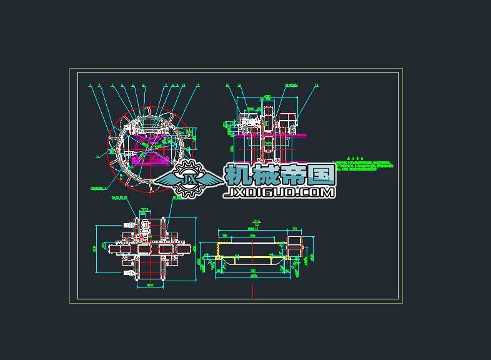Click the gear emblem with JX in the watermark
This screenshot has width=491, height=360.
pyautogui.click(x=186, y=180)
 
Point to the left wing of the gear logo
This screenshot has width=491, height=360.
pyautogui.click(x=164, y=180)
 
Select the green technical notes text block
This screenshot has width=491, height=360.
pyautogui.click(x=365, y=166)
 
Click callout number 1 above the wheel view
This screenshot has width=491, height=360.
pyautogui.click(x=90, y=85)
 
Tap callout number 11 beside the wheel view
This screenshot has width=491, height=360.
pyautogui.click(x=97, y=157)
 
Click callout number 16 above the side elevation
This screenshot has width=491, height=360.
pyautogui.click(x=227, y=85)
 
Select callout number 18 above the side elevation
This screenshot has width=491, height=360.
pyautogui.click(x=317, y=85)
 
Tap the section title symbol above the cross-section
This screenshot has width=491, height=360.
pyautogui.click(x=256, y=222)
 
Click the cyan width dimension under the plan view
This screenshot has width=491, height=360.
pyautogui.click(x=150, y=285)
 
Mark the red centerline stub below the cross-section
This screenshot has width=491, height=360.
pyautogui.click(x=252, y=291)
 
